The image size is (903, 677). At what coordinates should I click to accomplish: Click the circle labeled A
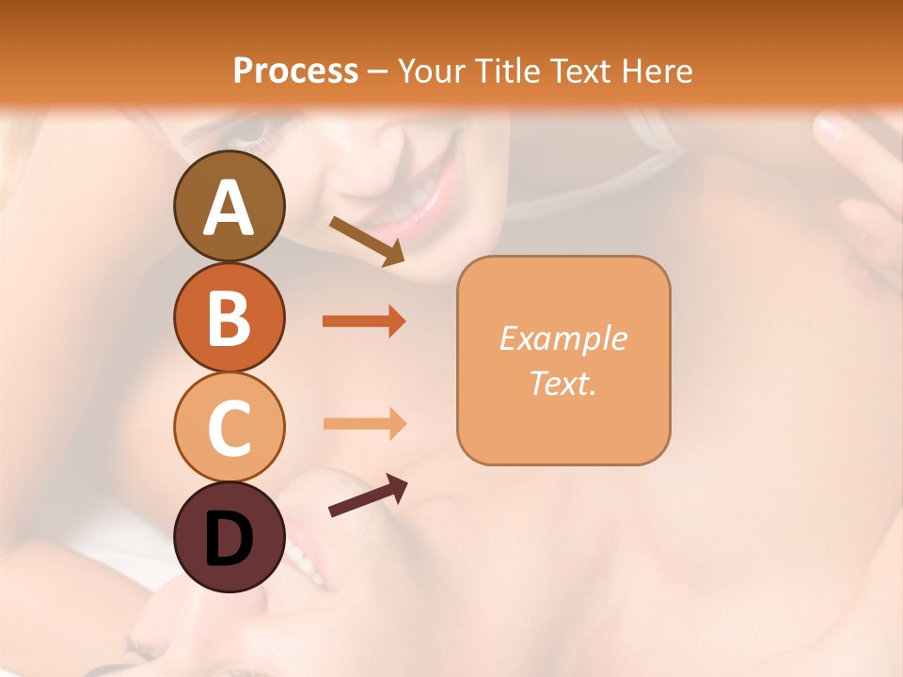(229, 206)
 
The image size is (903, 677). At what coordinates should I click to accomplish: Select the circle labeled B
(229, 317)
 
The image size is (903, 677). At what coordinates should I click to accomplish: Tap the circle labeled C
(229, 427)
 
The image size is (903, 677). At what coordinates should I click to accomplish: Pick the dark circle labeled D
(229, 538)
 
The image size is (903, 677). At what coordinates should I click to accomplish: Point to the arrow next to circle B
(364, 322)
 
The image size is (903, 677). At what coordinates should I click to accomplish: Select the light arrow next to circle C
(364, 423)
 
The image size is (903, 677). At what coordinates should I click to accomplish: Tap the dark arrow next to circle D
(368, 496)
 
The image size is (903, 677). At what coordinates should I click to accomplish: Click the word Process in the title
(295, 71)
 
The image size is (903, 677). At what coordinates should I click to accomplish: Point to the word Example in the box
(562, 338)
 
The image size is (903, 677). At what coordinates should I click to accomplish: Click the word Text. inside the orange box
(562, 383)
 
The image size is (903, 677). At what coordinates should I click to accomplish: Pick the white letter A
(229, 208)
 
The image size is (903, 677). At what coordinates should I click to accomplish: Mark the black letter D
(229, 539)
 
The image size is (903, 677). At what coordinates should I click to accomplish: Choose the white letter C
(229, 428)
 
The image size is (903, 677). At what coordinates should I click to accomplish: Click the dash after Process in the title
(378, 71)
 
